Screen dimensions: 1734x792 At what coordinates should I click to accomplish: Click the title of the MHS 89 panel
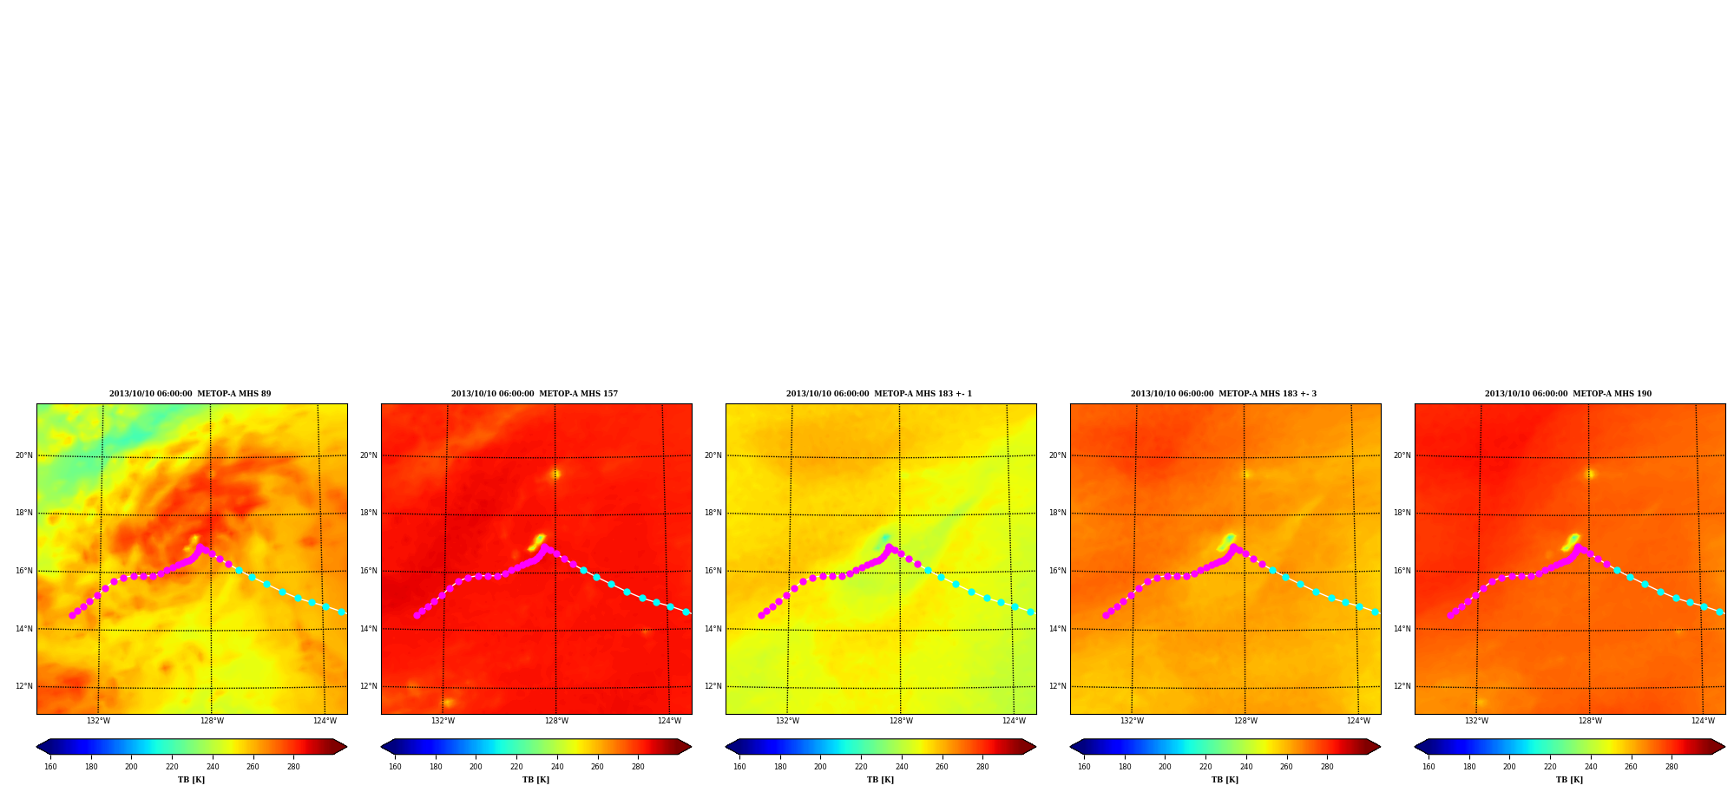click(190, 394)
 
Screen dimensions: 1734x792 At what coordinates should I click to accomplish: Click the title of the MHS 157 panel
click(535, 394)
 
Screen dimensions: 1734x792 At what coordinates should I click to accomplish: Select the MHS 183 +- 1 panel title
click(879, 394)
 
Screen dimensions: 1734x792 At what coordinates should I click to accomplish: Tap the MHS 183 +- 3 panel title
click(1224, 394)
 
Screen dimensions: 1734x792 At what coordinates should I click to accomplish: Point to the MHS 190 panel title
click(1568, 394)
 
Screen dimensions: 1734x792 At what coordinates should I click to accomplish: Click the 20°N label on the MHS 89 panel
click(23, 455)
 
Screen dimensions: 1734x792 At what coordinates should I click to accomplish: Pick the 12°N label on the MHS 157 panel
click(368, 686)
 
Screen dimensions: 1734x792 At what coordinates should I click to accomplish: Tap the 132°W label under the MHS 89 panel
click(98, 721)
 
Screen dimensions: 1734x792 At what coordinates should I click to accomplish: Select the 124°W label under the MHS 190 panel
click(1703, 721)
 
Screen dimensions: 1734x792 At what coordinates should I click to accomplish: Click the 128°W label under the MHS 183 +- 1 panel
click(901, 721)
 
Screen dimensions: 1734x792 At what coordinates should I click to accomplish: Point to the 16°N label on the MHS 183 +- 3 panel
click(1057, 571)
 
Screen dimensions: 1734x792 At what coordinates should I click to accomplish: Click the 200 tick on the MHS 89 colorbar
click(131, 767)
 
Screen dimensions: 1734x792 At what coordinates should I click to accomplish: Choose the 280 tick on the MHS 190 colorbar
click(1672, 767)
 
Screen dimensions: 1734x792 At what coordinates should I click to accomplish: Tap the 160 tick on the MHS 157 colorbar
click(395, 767)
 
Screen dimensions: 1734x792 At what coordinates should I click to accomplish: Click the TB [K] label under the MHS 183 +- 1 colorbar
click(880, 780)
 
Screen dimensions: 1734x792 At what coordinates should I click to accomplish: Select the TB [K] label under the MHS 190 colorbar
click(1569, 780)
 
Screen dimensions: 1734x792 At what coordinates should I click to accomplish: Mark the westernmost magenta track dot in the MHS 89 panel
click(72, 615)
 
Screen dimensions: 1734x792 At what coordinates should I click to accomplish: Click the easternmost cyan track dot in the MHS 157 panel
click(686, 612)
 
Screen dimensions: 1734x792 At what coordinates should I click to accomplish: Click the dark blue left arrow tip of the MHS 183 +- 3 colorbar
click(1071, 747)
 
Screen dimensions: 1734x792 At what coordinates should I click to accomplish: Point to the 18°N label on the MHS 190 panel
click(1402, 513)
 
